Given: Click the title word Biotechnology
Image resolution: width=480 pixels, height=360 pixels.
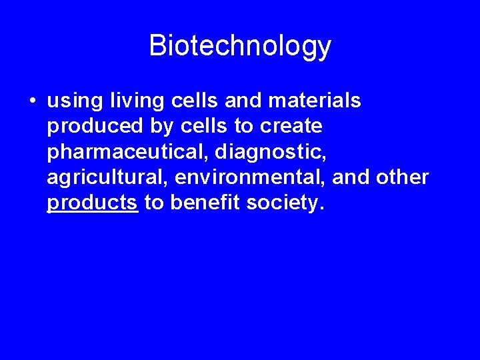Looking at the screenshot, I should click(240, 46).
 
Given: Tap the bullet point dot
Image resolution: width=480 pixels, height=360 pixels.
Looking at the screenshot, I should click(31, 101).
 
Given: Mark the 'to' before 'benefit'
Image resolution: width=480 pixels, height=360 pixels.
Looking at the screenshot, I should click(154, 202).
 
